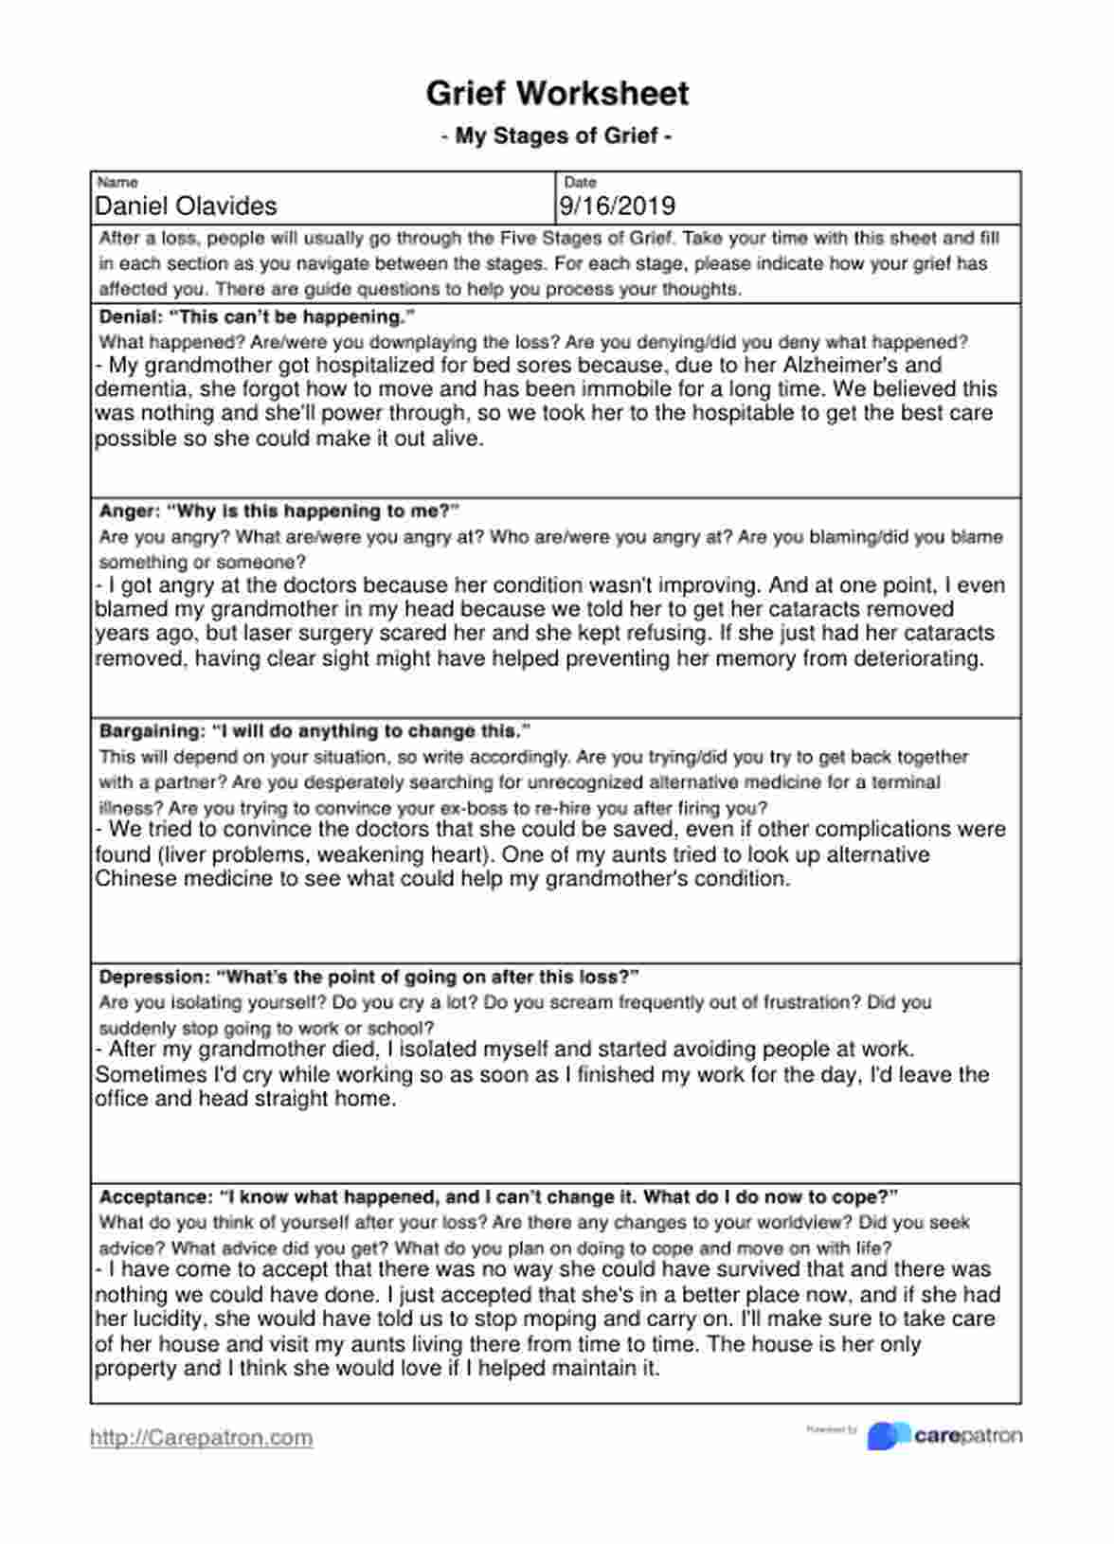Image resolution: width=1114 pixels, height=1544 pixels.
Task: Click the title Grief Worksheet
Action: point(557,93)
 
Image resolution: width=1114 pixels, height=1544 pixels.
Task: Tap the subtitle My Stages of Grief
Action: point(557,135)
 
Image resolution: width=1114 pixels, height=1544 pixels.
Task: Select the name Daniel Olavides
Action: point(186,206)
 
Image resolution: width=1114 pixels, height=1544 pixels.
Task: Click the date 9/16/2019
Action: point(617,206)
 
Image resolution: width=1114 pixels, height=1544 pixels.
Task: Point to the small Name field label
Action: point(117,182)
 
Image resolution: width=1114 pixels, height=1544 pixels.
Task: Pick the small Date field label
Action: point(580,182)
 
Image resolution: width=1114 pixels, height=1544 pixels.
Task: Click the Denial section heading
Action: point(257,316)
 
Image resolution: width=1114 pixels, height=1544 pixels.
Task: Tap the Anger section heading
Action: point(278,512)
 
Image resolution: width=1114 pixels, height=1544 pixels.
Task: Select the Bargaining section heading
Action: point(314,731)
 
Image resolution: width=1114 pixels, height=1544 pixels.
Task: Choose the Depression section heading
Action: point(368,977)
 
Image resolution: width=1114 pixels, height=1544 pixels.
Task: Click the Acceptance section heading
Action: point(498,1196)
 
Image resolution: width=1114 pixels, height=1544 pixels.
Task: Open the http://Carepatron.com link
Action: point(201,1437)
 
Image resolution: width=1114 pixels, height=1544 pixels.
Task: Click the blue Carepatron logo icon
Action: point(888,1436)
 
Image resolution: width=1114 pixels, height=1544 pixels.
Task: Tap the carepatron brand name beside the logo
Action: point(968,1436)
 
